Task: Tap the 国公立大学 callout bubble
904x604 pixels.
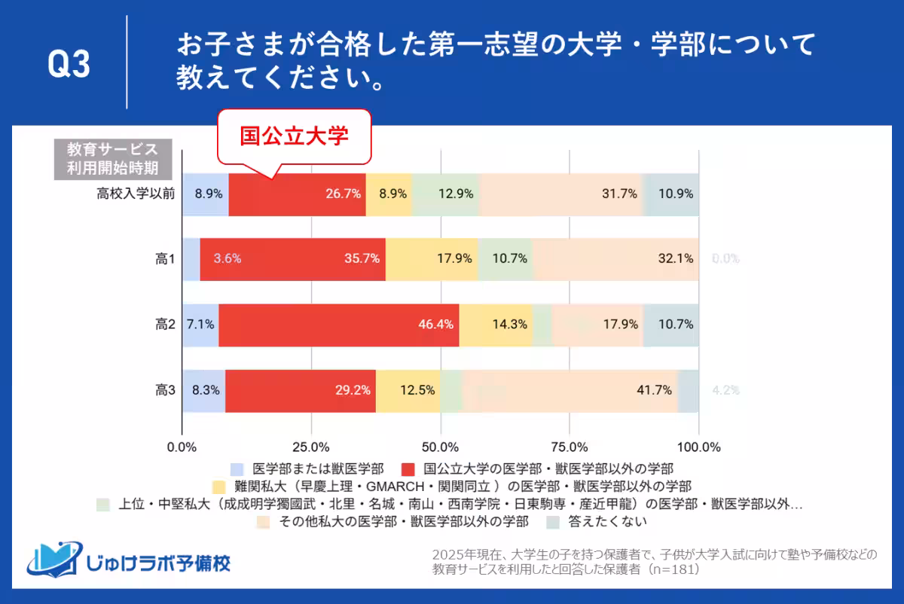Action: tap(295, 136)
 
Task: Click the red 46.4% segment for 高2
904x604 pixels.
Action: tap(339, 325)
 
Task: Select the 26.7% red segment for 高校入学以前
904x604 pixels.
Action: tap(297, 194)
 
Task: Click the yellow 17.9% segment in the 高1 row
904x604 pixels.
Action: tap(432, 259)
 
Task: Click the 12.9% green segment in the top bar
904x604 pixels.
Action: tap(445, 194)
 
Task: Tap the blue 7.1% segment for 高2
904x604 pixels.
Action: tap(200, 325)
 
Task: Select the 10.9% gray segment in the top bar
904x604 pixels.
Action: tap(671, 194)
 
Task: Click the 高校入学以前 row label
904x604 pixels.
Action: tap(136, 194)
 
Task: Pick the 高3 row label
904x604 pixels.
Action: tap(165, 391)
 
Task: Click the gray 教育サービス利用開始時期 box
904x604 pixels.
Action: tap(112, 158)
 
